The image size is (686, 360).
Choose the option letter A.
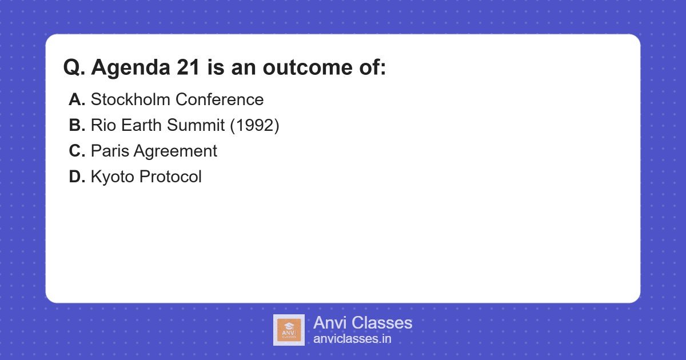[76, 99]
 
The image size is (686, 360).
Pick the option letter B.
[76, 125]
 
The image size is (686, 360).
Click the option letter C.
[76, 151]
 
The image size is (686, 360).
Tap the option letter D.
[76, 177]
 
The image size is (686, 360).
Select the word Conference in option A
[220, 99]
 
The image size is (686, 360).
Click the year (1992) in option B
[254, 125]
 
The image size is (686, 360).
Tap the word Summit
[196, 125]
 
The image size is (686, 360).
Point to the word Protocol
[170, 177]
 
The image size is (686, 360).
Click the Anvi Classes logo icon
[289, 330]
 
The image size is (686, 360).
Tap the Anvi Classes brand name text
[362, 323]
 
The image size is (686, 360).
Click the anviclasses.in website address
[352, 339]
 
